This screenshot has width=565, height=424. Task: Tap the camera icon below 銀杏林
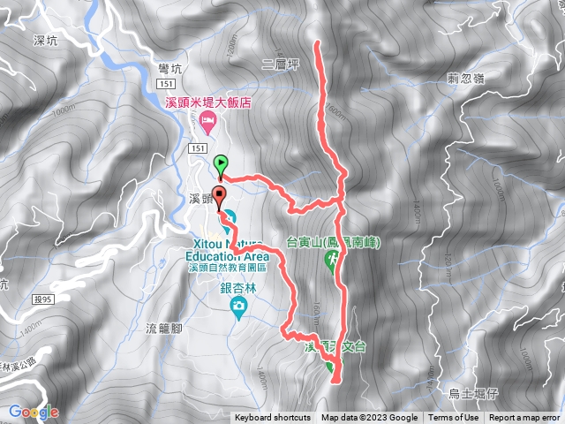coord(237,307)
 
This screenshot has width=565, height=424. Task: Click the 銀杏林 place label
coord(237,288)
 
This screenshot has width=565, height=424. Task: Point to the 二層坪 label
coord(282,64)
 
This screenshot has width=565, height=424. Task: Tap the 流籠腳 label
coord(163,329)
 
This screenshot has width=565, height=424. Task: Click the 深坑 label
coord(44,41)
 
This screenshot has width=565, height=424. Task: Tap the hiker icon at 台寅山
coord(333,260)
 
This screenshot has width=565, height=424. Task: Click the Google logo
coord(34,412)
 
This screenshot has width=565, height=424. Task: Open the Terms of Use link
coord(455,418)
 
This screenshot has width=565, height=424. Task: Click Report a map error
coord(524,418)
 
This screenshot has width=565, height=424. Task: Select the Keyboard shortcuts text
coord(272,418)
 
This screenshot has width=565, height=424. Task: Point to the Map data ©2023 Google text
coord(369,418)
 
